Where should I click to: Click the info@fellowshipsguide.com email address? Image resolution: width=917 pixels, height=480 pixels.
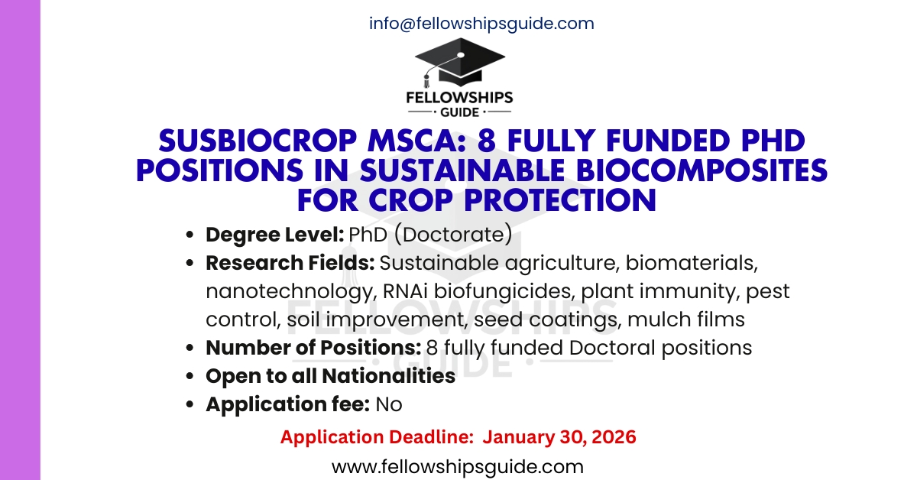(x=481, y=23)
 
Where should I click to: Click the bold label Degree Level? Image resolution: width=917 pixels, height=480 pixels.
(x=275, y=235)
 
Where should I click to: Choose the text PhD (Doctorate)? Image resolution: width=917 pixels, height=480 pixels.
(x=430, y=235)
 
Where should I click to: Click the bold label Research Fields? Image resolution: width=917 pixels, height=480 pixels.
(x=290, y=263)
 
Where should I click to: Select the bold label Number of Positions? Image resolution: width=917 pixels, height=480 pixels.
(x=313, y=348)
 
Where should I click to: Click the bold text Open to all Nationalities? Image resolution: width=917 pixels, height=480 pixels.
(x=330, y=376)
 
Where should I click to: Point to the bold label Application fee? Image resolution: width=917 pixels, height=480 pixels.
(x=288, y=404)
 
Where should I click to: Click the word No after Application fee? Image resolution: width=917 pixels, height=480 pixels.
(x=388, y=404)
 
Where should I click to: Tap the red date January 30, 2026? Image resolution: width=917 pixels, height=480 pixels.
(x=559, y=437)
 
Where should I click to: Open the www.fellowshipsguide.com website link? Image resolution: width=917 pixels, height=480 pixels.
(x=458, y=466)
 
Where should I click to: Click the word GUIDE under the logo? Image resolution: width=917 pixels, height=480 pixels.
(x=459, y=112)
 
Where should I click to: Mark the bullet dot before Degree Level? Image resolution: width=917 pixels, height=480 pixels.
(x=190, y=235)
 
